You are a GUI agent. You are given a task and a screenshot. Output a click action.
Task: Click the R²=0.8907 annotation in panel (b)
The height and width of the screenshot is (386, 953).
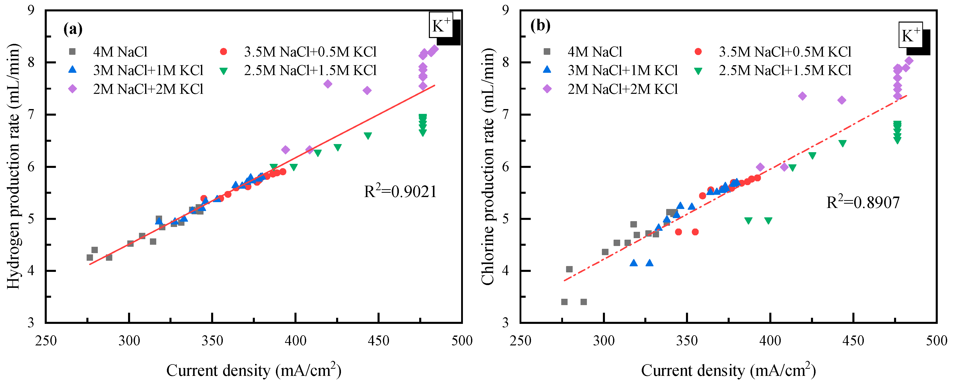tap(863, 202)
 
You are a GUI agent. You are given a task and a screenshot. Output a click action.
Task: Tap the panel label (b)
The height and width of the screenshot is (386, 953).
tap(540, 25)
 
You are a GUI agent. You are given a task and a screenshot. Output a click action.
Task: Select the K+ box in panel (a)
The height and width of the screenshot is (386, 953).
tap(441, 25)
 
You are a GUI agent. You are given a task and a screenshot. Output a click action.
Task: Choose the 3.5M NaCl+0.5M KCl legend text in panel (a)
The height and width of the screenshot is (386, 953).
tap(310, 52)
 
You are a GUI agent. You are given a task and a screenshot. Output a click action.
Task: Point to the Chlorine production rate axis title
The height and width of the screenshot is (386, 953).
tap(488, 166)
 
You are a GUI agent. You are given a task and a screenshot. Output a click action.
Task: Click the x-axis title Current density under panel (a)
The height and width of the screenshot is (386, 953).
tap(254, 370)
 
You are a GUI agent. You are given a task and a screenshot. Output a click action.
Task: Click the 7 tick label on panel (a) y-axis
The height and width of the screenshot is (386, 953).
tap(31, 115)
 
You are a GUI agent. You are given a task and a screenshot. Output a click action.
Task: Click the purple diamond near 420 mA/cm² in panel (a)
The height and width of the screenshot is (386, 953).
tap(328, 84)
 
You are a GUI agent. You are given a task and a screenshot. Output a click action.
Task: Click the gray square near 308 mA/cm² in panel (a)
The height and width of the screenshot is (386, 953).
tap(142, 236)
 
